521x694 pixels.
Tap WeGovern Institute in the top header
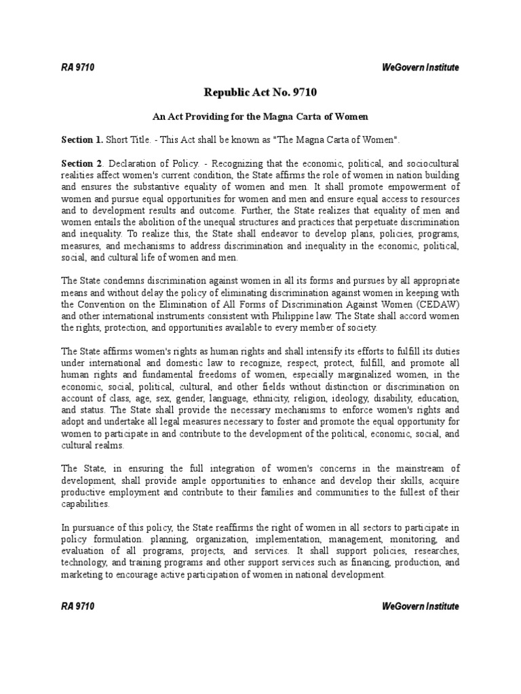point(421,67)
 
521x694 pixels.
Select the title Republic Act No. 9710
point(260,93)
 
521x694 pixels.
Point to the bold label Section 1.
point(82,140)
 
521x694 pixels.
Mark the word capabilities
point(84,504)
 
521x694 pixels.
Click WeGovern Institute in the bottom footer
point(421,606)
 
